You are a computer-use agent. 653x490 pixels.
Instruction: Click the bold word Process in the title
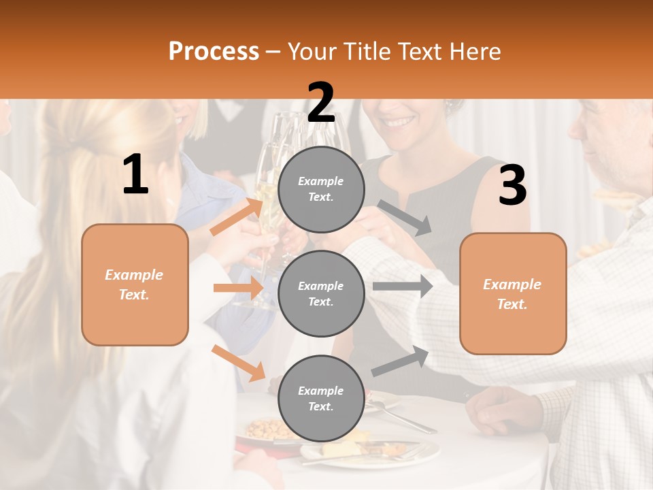pos(214,52)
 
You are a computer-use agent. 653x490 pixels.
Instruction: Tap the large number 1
pos(135,175)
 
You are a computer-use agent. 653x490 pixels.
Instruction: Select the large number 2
pos(321,103)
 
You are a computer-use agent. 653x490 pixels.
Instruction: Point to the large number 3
pos(512,186)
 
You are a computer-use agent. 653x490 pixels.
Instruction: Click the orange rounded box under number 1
pos(135,284)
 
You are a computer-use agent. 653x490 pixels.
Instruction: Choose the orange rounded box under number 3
pos(513,294)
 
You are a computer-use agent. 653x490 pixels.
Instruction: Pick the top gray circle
pos(321,189)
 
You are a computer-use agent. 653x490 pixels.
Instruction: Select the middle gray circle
pos(321,293)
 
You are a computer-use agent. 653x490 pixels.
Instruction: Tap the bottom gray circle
pos(321,398)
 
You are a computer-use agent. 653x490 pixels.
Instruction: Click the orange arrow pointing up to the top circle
pos(237,216)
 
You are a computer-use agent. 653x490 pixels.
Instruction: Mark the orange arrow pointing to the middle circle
pos(238,288)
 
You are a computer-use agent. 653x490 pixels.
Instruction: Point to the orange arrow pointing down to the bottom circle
pos(238,363)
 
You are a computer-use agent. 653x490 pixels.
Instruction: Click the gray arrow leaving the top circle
pos(405,217)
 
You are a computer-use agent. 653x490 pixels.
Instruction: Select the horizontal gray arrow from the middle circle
pos(403,287)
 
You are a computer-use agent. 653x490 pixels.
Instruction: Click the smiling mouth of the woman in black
pos(400,123)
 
